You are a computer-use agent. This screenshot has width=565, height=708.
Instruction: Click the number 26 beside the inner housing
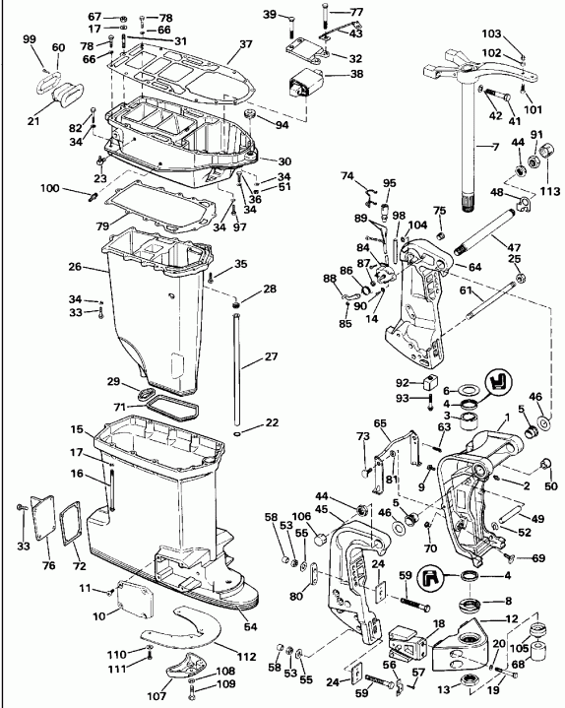(102, 266)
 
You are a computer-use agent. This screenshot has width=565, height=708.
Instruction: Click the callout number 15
(102, 430)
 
